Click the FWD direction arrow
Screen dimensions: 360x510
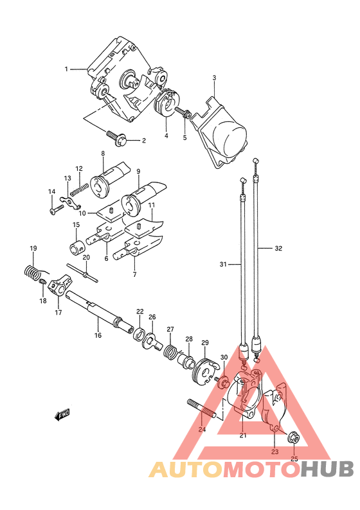coord(62,414)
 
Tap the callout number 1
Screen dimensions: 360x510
coord(66,69)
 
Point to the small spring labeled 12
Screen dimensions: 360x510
coord(79,189)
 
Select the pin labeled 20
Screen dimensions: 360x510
coord(82,273)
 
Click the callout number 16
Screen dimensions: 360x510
coord(98,335)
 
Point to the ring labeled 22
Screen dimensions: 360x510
coord(139,333)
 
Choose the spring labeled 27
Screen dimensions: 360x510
coord(170,351)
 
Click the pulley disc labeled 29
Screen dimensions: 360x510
coord(204,371)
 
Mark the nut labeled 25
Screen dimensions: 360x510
coord(294,438)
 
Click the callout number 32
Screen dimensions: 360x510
coord(278,248)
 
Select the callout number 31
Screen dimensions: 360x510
coord(222,265)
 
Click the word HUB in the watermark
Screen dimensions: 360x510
coord(327,470)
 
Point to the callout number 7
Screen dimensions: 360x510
coord(135,274)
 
